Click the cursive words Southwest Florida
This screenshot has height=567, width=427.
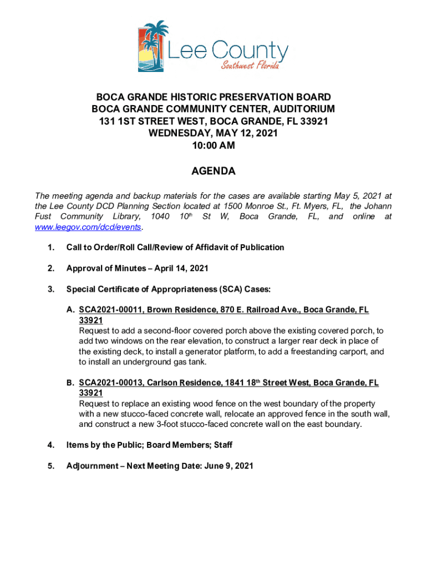click(x=250, y=66)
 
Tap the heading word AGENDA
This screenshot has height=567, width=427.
click(x=213, y=172)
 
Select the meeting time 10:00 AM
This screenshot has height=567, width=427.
click(x=213, y=146)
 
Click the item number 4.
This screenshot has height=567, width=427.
click(x=50, y=445)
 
